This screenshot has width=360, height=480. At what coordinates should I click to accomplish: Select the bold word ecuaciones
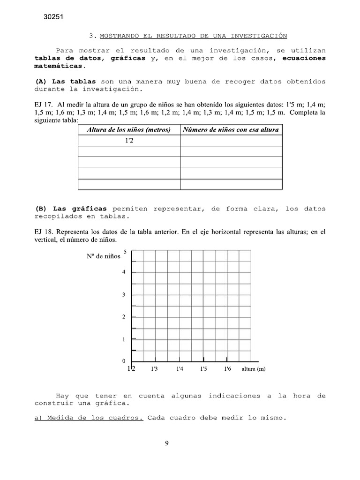[304, 58]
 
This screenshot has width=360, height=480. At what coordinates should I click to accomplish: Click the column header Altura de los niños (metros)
[128, 129]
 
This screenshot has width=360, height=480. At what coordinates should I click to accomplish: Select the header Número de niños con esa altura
[231, 129]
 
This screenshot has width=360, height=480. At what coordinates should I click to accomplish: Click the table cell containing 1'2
[129, 141]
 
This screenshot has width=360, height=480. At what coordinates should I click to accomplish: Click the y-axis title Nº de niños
[103, 256]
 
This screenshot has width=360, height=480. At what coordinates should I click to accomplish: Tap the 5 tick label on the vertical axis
[125, 252]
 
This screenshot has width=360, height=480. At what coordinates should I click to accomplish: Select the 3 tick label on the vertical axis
[124, 295]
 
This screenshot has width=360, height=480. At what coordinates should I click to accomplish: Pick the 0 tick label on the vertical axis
[124, 361]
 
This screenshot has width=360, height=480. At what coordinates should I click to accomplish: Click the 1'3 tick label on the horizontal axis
[154, 369]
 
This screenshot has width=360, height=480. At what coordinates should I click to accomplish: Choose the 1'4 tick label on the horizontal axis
[180, 369]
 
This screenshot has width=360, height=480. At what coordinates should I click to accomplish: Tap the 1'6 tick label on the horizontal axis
[227, 369]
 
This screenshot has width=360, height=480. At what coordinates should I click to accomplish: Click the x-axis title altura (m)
[253, 369]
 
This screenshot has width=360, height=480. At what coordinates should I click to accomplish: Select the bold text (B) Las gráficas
[71, 209]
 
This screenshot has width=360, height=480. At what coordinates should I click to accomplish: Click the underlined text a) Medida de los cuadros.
[89, 419]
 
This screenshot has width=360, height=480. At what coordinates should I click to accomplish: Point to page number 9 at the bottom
[166, 444]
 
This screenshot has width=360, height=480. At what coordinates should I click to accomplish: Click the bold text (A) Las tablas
[66, 81]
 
